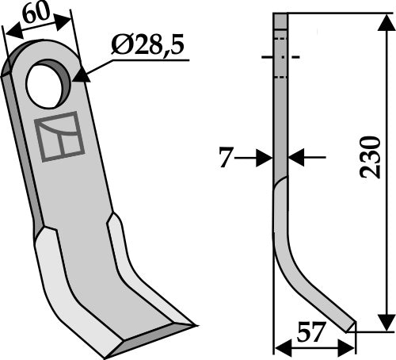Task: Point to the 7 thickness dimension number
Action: tap(226, 159)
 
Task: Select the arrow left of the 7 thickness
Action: tap(262, 159)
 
